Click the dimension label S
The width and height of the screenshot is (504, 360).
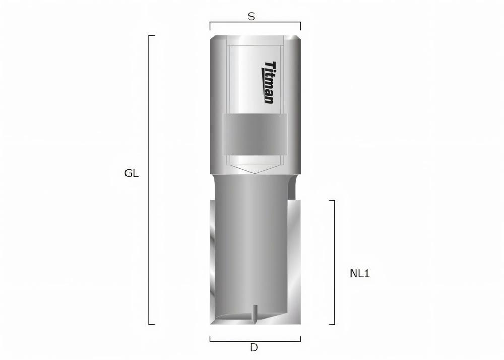(251, 16)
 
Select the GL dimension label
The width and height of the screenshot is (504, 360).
(132, 174)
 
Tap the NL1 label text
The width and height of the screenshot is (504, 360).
(360, 274)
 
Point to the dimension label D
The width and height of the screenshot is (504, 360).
(254, 347)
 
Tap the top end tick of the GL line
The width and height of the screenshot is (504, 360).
(151, 36)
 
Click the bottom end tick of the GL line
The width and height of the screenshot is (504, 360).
(151, 324)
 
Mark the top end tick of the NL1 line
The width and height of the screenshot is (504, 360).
(332, 201)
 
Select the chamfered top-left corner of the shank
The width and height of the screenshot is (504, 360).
(213, 38)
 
